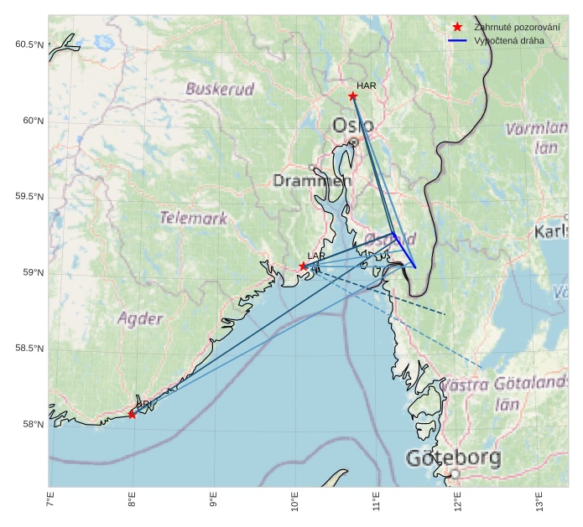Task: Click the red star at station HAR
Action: coord(353,96)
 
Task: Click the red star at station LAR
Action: coord(304,266)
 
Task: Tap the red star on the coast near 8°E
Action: coord(132,414)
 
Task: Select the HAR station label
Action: coord(366,85)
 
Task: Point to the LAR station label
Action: coord(315,256)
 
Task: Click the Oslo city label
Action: coord(353,126)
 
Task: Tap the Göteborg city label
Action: coord(453,458)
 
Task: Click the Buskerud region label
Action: coord(220,89)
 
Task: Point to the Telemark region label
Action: coord(194,218)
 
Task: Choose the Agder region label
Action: coord(140,318)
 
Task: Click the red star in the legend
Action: coord(457,27)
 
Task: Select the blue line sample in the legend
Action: coord(457,40)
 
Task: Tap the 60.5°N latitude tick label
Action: coord(29,44)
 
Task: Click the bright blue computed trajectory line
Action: coord(405,251)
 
